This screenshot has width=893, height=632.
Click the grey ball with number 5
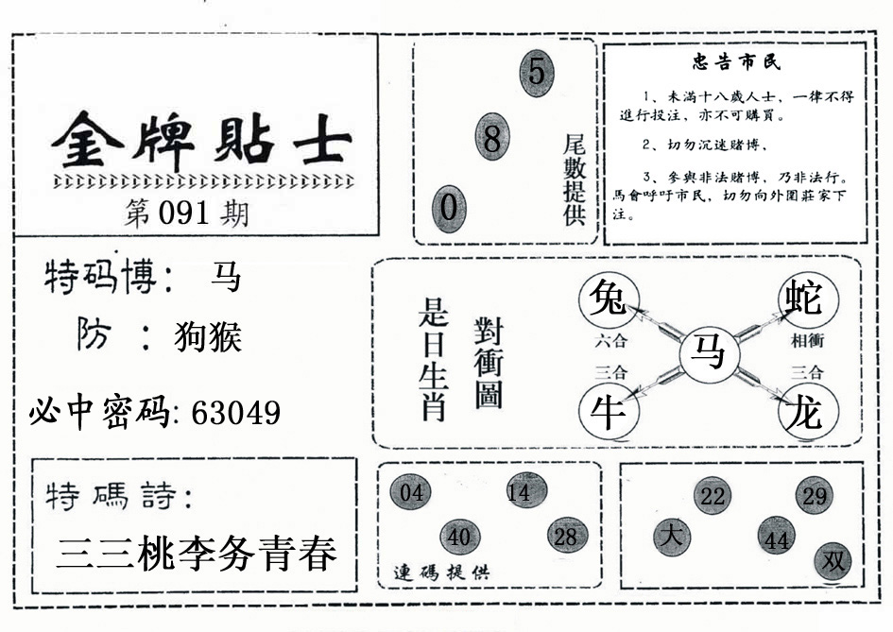tap(537, 73)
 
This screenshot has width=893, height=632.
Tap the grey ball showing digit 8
tap(492, 137)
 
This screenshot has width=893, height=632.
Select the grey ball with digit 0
tap(449, 209)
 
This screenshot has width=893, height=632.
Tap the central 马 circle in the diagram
tap(709, 355)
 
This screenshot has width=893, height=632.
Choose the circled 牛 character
tap(609, 411)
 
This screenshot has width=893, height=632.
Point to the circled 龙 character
tap(808, 411)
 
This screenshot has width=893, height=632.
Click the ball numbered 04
tap(411, 492)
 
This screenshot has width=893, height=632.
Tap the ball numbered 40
tap(460, 537)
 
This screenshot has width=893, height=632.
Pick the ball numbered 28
tap(567, 537)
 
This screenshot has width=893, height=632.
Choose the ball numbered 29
tap(815, 496)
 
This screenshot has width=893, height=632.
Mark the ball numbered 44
tap(777, 537)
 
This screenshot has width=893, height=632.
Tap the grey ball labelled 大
tap(672, 537)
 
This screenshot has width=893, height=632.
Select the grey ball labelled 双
tap(833, 561)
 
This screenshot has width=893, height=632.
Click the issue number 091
tap(183, 214)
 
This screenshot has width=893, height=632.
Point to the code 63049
tap(236, 413)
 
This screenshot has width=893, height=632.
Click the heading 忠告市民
tap(737, 62)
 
